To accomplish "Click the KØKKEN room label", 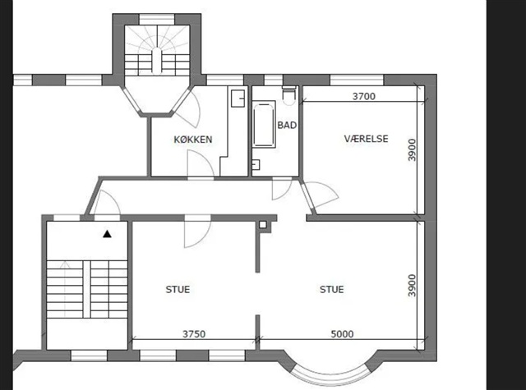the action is [x=193, y=140].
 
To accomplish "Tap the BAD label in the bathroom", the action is [x=287, y=126].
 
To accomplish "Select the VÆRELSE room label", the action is [x=366, y=139].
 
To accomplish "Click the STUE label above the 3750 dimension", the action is [x=178, y=290].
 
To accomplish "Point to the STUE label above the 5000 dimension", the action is [x=332, y=290].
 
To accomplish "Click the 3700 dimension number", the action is [x=364, y=97].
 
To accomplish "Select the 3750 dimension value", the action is [x=194, y=334].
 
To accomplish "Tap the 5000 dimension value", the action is [x=342, y=334].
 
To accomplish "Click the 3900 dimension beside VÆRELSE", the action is [x=412, y=150].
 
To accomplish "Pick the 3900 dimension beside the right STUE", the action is [x=412, y=286].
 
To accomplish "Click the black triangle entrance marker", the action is [x=107, y=234].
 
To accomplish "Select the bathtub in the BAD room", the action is [x=264, y=124].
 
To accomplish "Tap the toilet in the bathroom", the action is [x=288, y=94].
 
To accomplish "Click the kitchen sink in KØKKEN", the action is [x=238, y=99].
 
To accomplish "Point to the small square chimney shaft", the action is [x=263, y=224].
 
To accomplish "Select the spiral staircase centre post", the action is [x=156, y=61].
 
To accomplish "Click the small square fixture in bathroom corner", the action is [x=256, y=165].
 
